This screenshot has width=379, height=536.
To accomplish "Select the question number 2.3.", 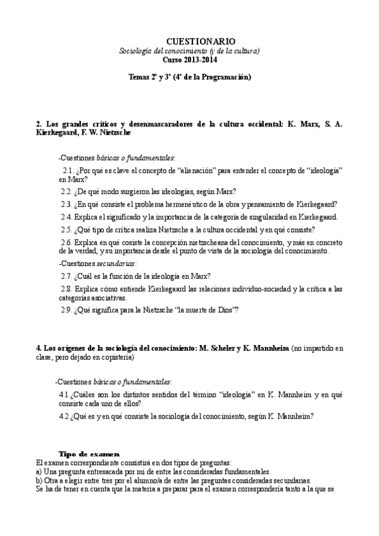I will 66,204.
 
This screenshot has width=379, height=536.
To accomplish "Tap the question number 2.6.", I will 66,243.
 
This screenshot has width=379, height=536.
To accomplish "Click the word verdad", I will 74,252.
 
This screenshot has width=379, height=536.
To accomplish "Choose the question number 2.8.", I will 66,289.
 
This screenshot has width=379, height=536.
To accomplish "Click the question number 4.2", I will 63,417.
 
